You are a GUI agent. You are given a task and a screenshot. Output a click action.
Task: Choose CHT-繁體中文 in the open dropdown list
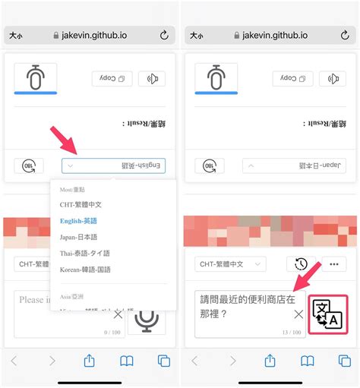pos(81,204)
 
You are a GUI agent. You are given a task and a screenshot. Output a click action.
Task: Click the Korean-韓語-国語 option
pos(85,270)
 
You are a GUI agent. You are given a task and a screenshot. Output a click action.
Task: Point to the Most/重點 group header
pos(72,189)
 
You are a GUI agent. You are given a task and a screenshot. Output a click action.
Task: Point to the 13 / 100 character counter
pos(292,332)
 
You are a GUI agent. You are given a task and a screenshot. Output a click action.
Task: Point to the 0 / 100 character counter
pos(112,332)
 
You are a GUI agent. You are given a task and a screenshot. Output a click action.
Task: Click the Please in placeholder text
pos(32,300)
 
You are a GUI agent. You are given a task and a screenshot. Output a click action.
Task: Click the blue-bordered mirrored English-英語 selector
pos(113,166)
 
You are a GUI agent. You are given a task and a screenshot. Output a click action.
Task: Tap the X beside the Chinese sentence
pos(298,314)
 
